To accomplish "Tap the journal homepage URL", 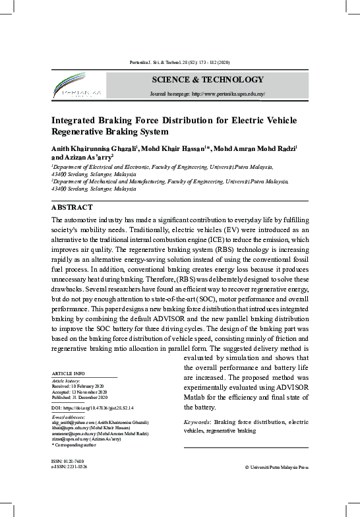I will pyautogui.click(x=208, y=94).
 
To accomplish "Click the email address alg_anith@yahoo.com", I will pyautogui.click(x=73, y=421).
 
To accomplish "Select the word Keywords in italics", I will pyautogui.click(x=197, y=421).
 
